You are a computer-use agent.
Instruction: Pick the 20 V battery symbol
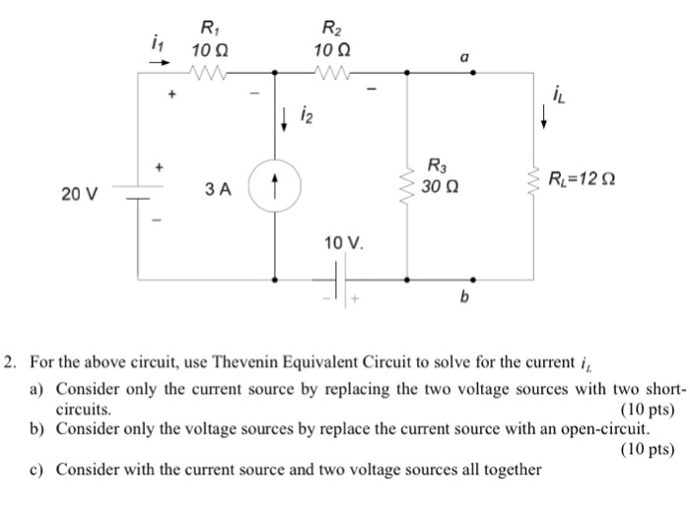[137, 191]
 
